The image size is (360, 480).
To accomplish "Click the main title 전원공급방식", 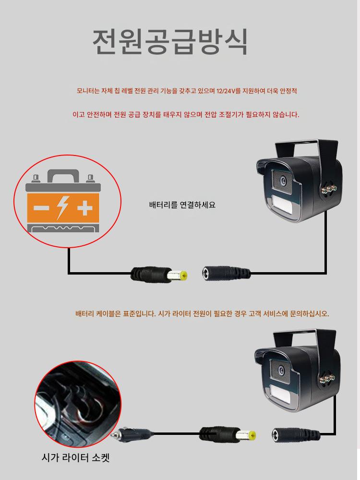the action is click(x=170, y=42).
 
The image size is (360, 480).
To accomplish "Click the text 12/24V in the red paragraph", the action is click(x=225, y=91).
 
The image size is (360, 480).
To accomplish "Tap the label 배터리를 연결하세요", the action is click(x=182, y=204).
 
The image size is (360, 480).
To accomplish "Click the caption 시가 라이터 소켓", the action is click(x=75, y=457).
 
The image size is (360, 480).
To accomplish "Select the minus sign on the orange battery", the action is click(x=41, y=208).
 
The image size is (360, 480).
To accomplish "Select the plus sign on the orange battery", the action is click(x=85, y=208).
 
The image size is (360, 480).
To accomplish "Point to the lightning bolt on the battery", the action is click(x=63, y=207).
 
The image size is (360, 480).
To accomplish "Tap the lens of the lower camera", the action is click(x=281, y=370).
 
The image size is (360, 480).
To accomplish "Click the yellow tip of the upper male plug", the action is click(x=183, y=275).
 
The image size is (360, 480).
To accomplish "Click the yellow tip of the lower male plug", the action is click(x=252, y=435).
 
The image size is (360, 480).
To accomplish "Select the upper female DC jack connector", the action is click(x=226, y=273).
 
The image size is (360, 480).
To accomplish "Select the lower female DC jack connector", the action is click(x=296, y=435).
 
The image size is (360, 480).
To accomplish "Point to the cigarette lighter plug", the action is click(x=132, y=434).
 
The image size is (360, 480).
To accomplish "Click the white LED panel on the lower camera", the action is click(x=280, y=394).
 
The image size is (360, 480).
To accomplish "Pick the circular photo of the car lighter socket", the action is click(x=78, y=404).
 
